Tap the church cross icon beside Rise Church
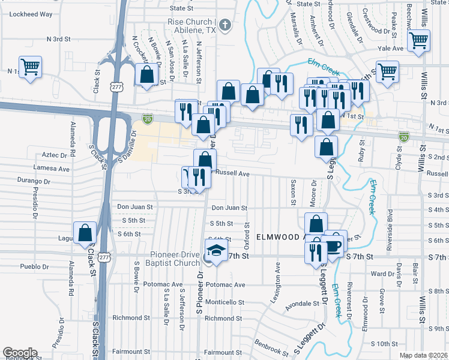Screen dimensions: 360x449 click(x=225, y=26)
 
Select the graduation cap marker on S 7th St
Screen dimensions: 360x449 click(x=215, y=250)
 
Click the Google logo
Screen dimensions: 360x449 click(x=19, y=353)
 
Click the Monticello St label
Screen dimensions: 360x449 click(x=224, y=302)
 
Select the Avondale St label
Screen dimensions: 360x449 click(x=302, y=304)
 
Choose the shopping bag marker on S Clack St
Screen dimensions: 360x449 click(x=85, y=233)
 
